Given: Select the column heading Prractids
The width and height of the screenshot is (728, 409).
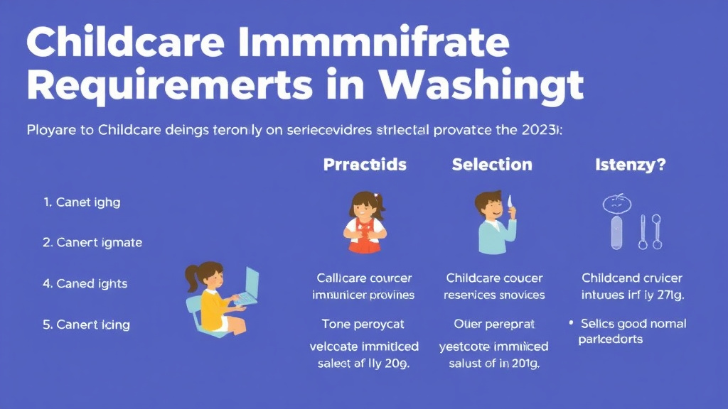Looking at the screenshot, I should [365, 165].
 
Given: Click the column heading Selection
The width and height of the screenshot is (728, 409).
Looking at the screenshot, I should [492, 165].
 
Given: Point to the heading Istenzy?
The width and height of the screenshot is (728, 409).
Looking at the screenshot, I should [630, 165].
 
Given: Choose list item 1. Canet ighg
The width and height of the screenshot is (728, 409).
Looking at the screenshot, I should [82, 202].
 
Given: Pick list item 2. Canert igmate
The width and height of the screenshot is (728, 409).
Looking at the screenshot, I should [92, 243].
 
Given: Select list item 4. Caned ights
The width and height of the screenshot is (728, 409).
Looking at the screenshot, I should [85, 284].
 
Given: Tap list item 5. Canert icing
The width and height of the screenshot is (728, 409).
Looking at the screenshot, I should [86, 325].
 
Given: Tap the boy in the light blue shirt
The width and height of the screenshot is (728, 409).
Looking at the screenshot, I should [494, 222].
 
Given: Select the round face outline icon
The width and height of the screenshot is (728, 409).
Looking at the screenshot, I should [616, 204].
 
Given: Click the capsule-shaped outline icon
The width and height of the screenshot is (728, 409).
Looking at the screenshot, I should [616, 233].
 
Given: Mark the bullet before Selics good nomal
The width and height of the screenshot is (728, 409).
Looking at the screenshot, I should [571, 324].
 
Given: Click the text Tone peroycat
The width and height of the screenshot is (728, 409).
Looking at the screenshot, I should [363, 324].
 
